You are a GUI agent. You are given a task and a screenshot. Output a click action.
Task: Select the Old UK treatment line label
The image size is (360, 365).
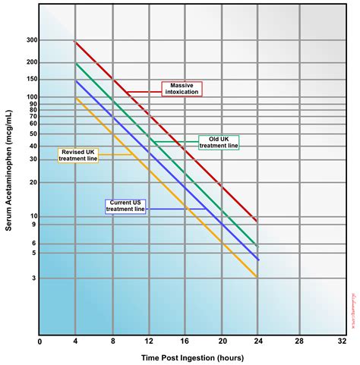click(219, 142)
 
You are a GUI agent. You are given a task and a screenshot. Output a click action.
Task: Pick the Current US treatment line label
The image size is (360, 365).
click(125, 206)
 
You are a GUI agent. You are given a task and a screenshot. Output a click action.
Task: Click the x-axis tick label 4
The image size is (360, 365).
click(76, 341)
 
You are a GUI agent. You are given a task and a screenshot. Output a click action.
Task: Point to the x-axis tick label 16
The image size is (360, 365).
click(185, 341)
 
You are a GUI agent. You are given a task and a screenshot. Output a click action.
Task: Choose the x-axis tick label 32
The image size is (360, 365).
click(333, 341)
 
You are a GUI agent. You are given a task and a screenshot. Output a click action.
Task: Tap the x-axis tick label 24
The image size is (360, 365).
click(259, 341)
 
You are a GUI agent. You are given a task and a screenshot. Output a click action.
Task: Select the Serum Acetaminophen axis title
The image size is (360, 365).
click(9, 182)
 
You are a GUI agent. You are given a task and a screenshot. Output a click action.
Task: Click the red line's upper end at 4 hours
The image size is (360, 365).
click(76, 42)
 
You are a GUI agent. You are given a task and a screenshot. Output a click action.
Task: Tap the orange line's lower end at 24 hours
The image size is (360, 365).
click(259, 277)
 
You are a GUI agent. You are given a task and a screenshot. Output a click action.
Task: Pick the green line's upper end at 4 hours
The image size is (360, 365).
click(76, 63)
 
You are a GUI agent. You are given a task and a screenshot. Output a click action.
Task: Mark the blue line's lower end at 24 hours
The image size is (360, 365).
click(259, 260)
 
